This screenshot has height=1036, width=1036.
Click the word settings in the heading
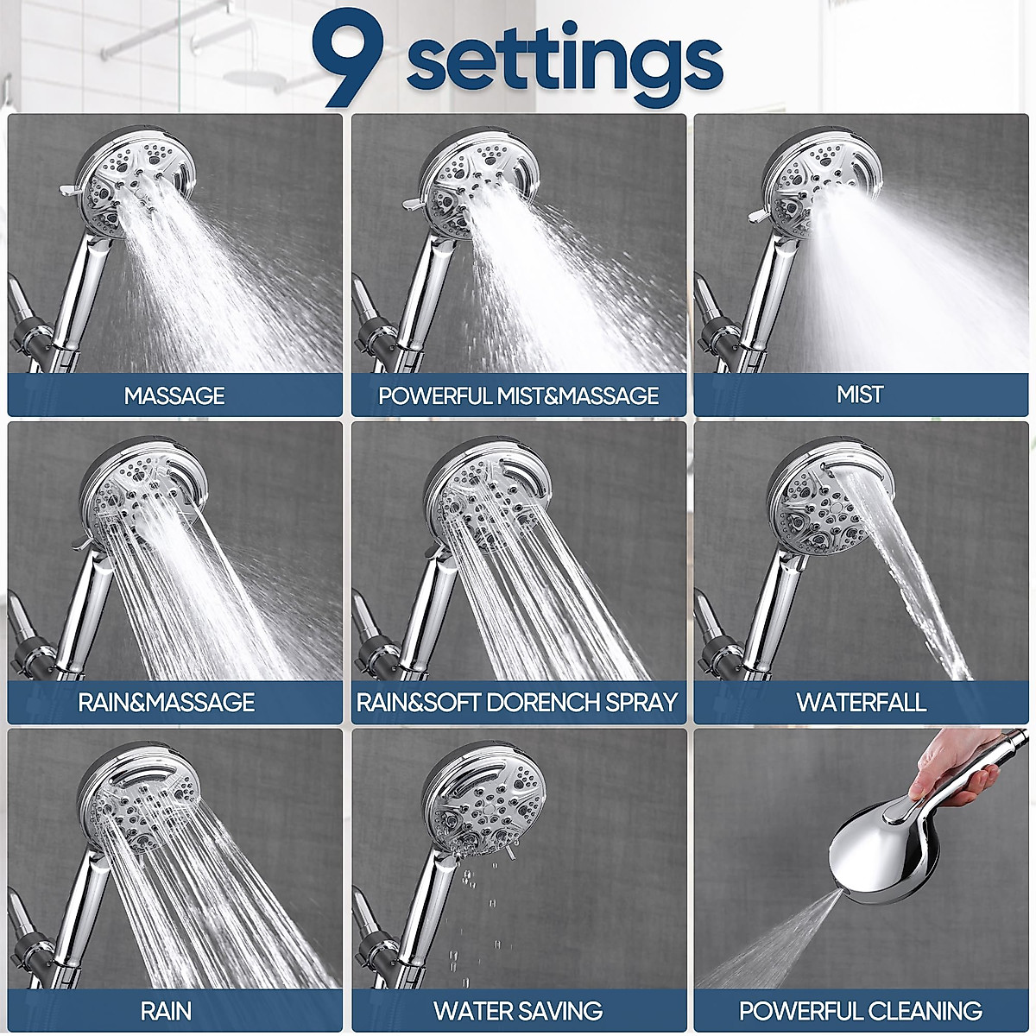[x=564, y=59]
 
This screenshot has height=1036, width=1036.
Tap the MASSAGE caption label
[x=174, y=395]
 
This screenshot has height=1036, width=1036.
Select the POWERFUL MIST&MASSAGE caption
[x=518, y=395]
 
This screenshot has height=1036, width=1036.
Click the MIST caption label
[x=860, y=395]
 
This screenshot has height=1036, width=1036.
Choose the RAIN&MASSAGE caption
[x=167, y=702]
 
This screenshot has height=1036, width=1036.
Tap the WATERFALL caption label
[x=861, y=702]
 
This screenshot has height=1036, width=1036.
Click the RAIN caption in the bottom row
[x=166, y=1010]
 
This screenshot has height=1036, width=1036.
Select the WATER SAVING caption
[x=518, y=1010]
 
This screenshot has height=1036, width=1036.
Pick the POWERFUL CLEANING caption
[x=861, y=1010]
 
